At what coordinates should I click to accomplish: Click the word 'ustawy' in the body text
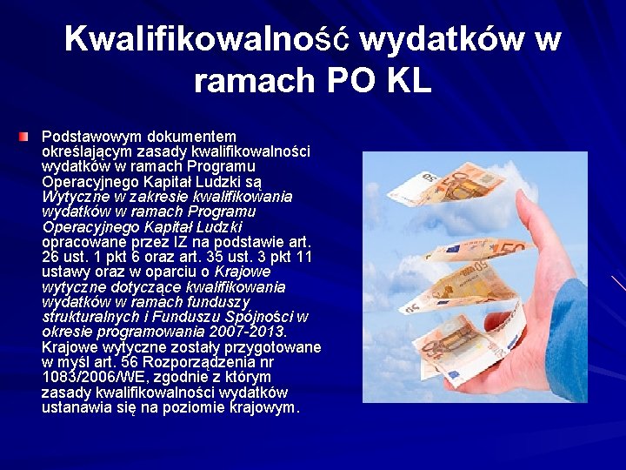coord(65,272)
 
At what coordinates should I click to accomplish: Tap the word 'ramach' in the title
coord(255,80)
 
